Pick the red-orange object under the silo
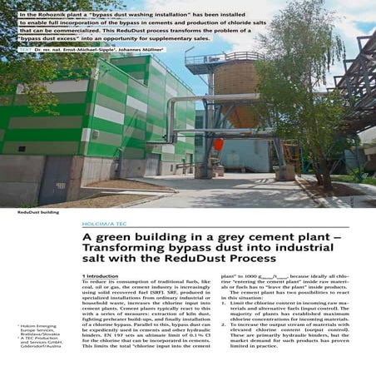[x=219, y=144]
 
